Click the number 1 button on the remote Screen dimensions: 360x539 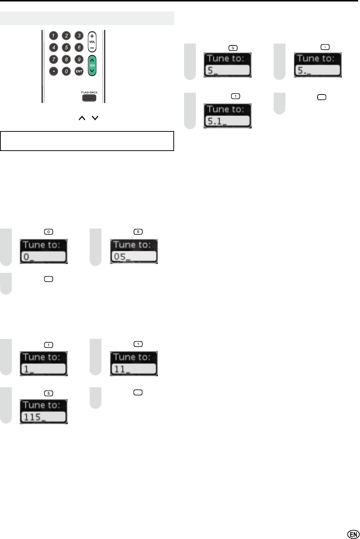point(54,36)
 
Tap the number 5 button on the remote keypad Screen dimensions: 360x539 point(66,47)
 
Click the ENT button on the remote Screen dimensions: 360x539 point(79,71)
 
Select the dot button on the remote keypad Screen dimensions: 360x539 point(54,71)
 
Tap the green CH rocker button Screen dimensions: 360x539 point(92,65)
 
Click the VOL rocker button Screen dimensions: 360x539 point(92,42)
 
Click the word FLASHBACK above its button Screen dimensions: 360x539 point(89,92)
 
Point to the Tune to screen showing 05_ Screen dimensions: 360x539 point(134,251)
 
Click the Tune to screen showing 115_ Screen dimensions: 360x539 point(44,412)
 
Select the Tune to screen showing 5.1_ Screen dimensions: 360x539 point(228,116)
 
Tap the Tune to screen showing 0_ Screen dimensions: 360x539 point(44,251)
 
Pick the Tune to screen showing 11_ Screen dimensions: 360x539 point(134,364)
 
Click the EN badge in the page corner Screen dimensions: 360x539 point(353,534)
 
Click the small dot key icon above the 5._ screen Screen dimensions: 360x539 point(325,47)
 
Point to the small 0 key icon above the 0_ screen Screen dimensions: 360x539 point(48,232)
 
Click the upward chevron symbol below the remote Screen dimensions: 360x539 point(82,118)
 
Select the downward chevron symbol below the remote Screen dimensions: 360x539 point(95,118)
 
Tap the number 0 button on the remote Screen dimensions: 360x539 point(66,71)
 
